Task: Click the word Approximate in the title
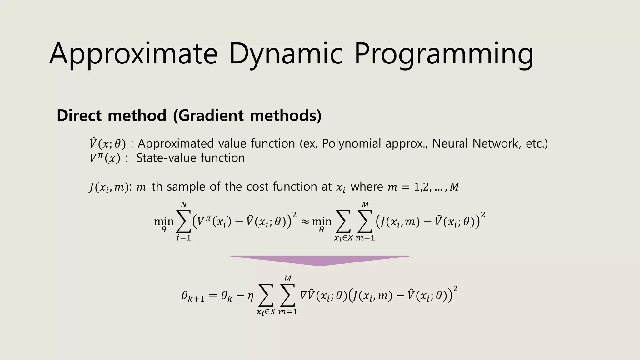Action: click(133, 54)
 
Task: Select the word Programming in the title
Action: click(444, 54)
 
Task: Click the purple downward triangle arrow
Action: click(319, 260)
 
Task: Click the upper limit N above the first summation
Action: click(184, 205)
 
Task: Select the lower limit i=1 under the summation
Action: click(184, 238)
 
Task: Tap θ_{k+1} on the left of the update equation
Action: click(192, 296)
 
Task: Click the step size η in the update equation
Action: click(250, 296)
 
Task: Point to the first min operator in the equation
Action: click(164, 222)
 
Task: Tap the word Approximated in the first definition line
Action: click(176, 143)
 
